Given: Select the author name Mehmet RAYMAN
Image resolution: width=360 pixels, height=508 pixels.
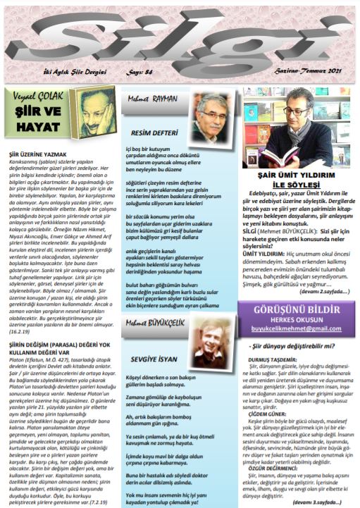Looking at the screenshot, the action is coord(151,99).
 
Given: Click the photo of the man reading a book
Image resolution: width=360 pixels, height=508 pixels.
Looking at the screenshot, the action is coord(297,127).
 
